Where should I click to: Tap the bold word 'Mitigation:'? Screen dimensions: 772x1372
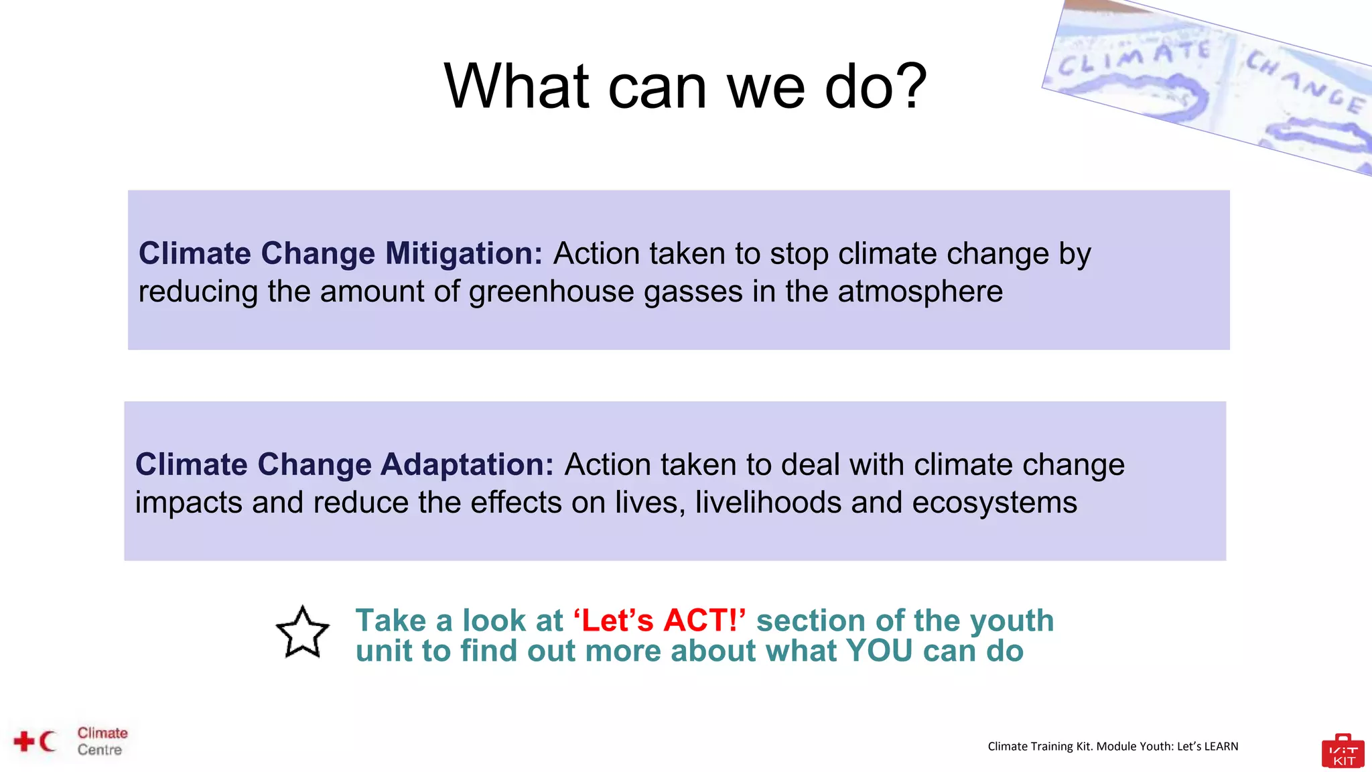(464, 253)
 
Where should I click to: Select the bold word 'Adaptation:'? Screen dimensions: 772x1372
(467, 464)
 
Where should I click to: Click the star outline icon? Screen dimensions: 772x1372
(303, 633)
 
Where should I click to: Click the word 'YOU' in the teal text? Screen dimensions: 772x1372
(878, 651)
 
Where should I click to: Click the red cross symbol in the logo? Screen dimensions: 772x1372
(24, 741)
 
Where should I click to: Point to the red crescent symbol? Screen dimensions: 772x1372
(47, 741)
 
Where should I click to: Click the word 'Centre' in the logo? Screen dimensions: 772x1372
(100, 750)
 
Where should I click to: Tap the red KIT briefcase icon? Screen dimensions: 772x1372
(1343, 752)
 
